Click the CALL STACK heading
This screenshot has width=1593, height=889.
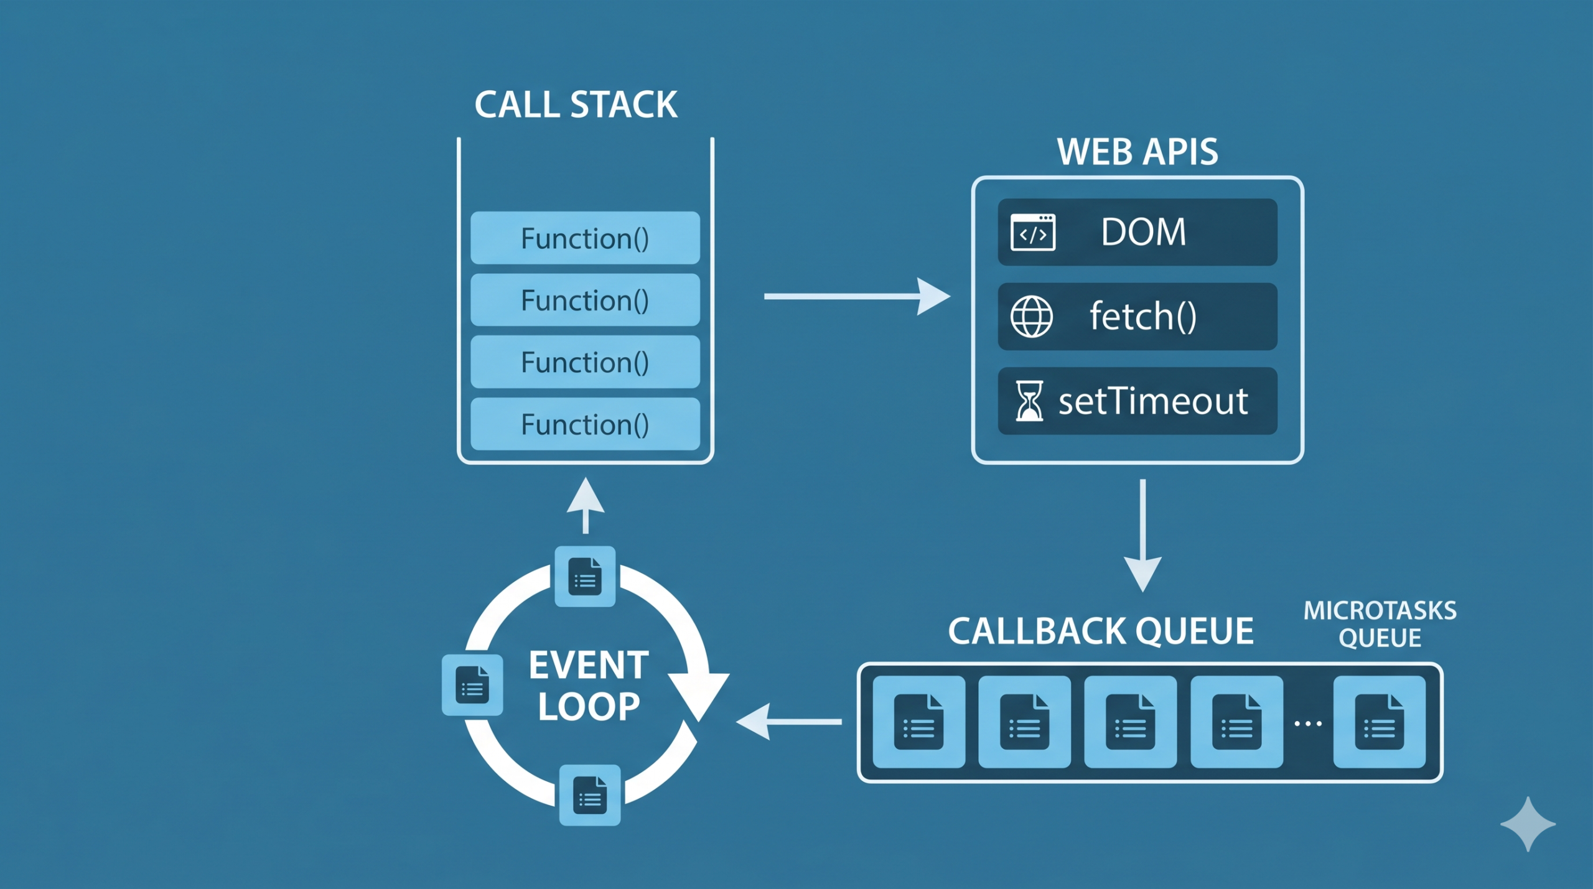click(x=576, y=105)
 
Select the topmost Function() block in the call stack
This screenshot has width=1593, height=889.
click(x=585, y=238)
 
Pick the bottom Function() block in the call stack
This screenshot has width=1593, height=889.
click(x=585, y=424)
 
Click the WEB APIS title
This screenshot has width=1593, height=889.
click(x=1138, y=152)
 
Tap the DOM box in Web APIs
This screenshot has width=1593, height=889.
click(x=1138, y=232)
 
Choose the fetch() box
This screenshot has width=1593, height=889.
click(x=1138, y=317)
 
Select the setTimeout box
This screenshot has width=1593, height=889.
click(x=1138, y=401)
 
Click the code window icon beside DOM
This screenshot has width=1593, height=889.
click(x=1033, y=232)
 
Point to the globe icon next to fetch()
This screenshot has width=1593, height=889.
click(x=1031, y=317)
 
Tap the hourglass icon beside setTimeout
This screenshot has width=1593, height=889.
click(x=1029, y=401)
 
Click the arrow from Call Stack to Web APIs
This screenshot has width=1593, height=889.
click(x=856, y=297)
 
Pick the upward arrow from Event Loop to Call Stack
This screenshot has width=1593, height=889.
click(x=586, y=505)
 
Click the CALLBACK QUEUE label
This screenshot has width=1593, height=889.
click(x=1100, y=631)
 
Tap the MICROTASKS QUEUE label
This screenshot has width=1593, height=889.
click(x=1380, y=624)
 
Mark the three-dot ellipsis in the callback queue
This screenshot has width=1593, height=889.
click(x=1308, y=724)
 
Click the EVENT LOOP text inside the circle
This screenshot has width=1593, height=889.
click(x=589, y=686)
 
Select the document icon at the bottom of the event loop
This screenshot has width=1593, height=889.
click(x=590, y=795)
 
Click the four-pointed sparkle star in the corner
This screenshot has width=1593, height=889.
click(x=1528, y=824)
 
